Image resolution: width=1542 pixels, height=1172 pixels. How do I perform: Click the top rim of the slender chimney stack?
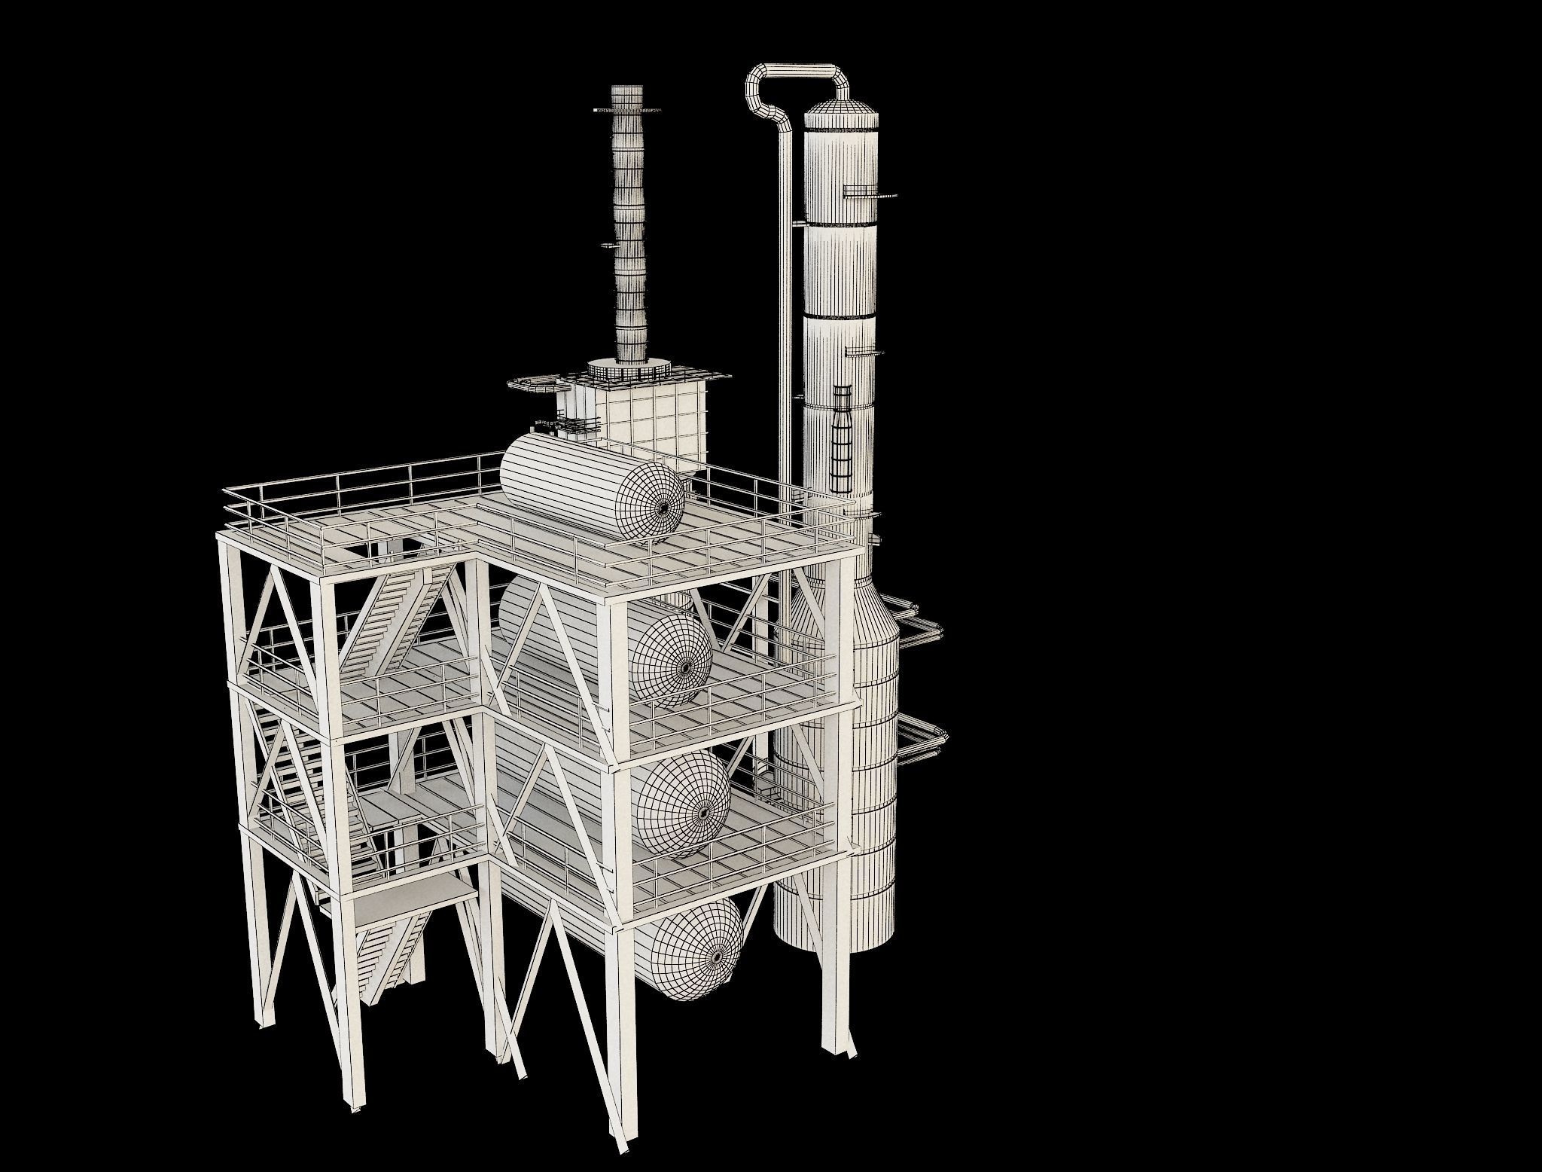[627, 90]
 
